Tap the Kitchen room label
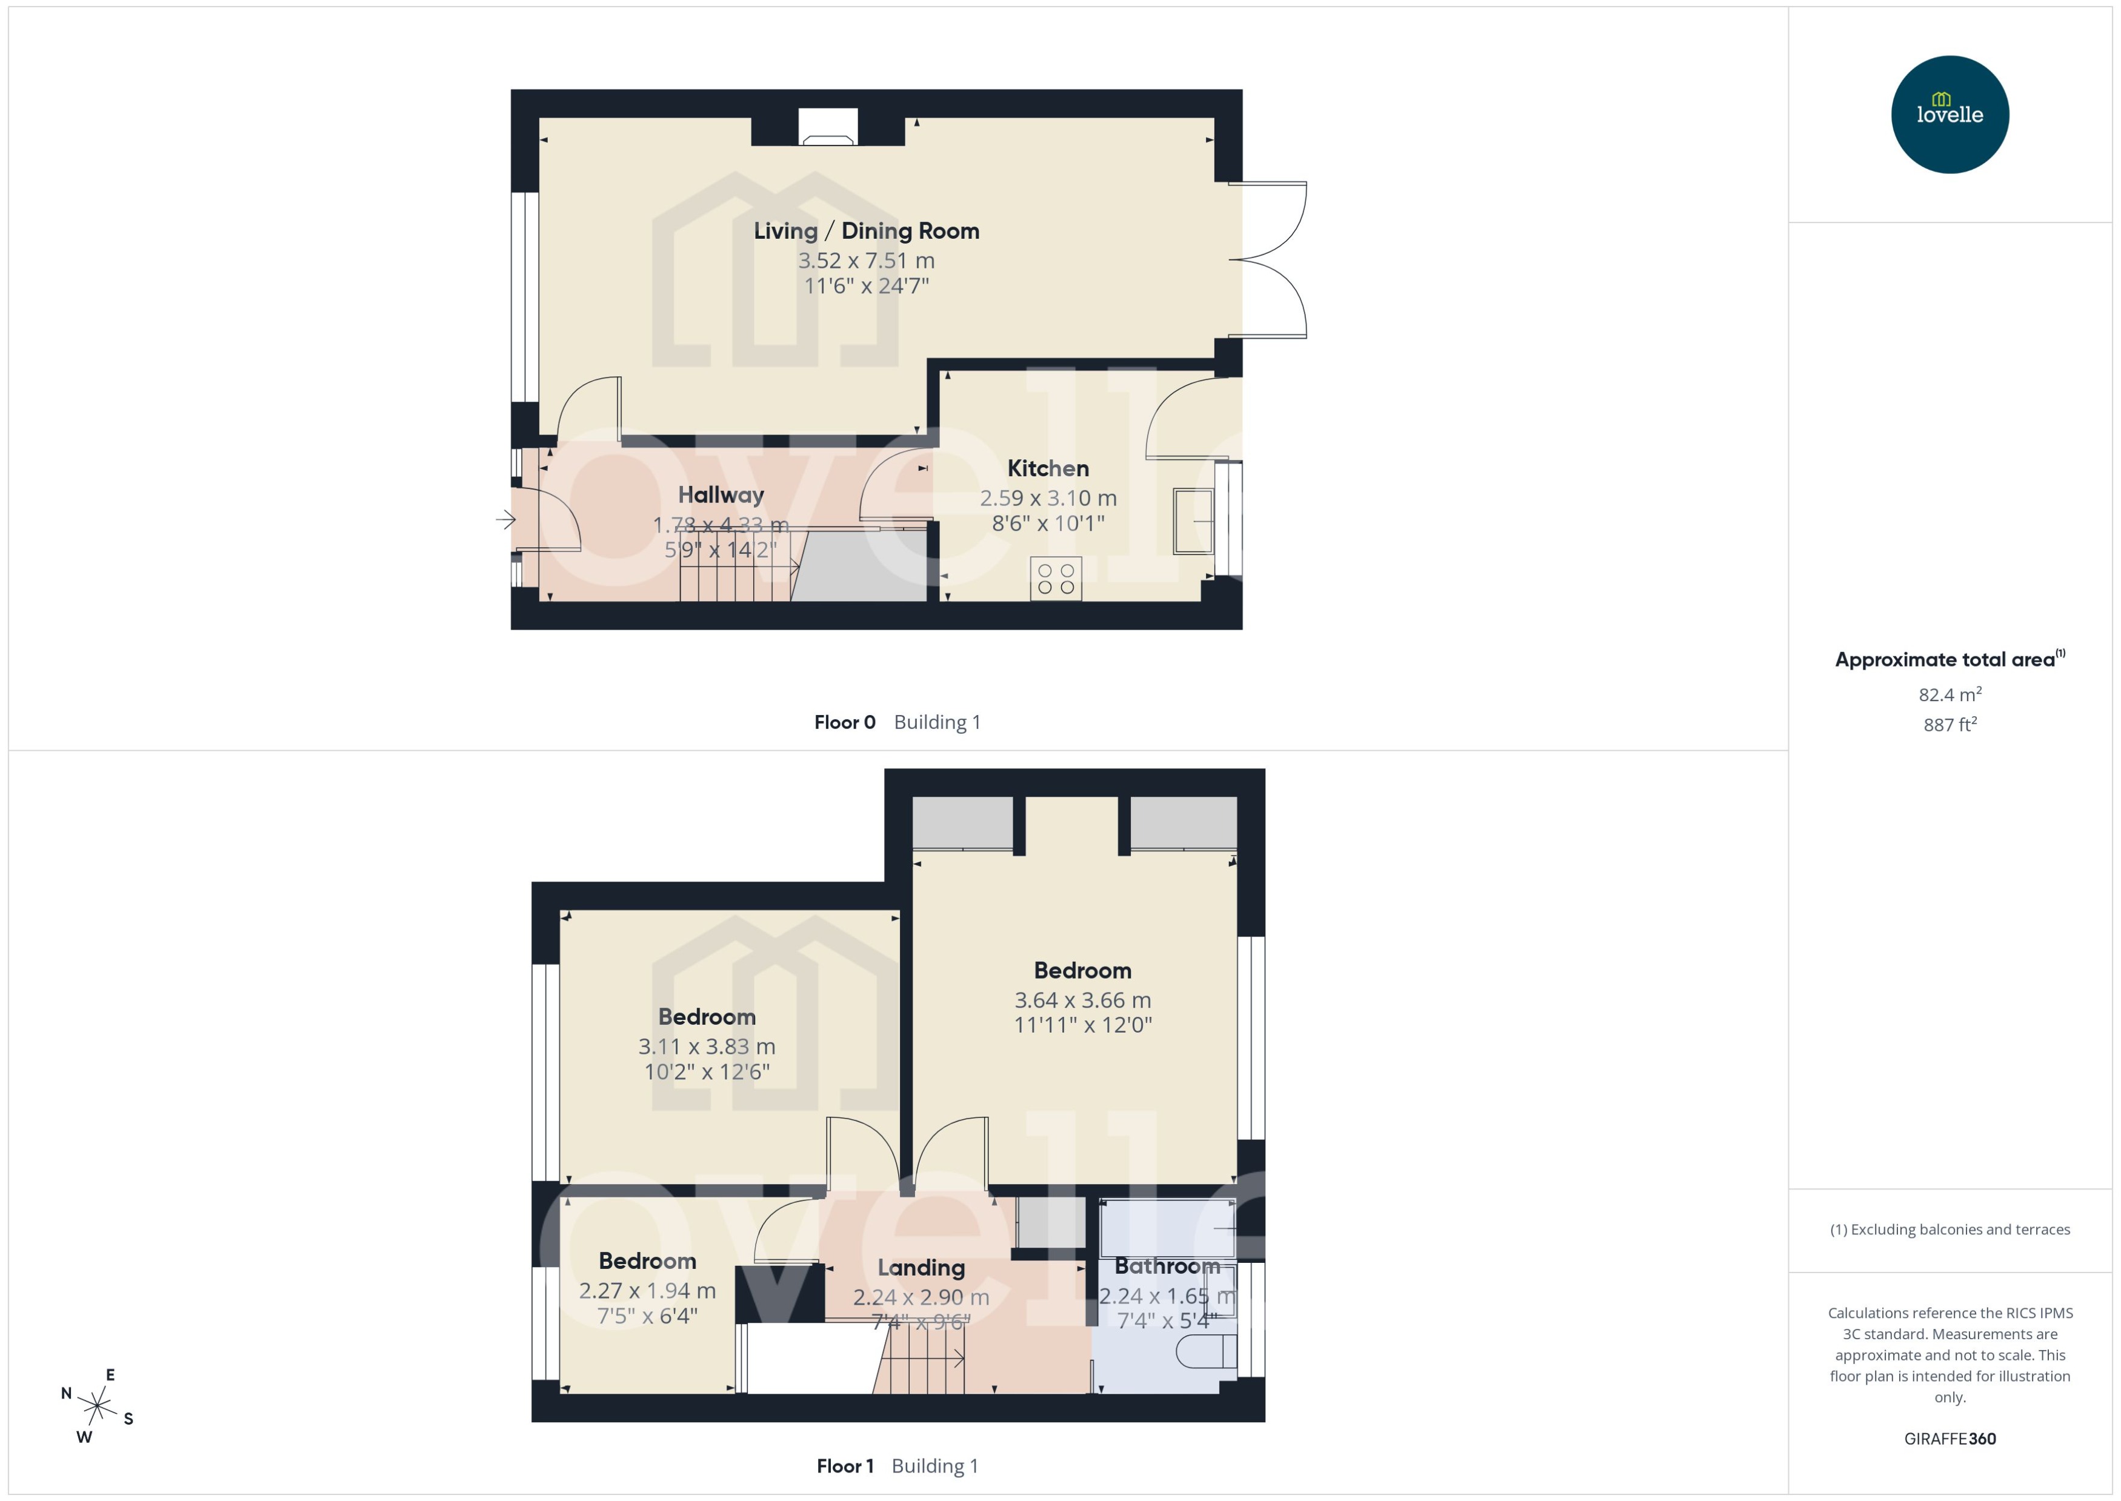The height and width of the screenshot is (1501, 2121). pyautogui.click(x=1047, y=468)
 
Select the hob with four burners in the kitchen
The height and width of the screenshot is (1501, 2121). pyautogui.click(x=1056, y=579)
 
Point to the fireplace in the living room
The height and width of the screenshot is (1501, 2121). pyautogui.click(x=827, y=127)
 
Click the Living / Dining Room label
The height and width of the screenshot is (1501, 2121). pyautogui.click(x=866, y=231)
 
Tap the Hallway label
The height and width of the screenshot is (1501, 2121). pyautogui.click(x=721, y=496)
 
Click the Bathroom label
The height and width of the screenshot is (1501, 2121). pyautogui.click(x=1167, y=1266)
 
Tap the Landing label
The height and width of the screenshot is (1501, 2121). pyautogui.click(x=921, y=1268)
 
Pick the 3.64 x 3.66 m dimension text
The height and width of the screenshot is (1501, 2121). pyautogui.click(x=1082, y=1000)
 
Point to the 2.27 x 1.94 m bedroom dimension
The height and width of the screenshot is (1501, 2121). pyautogui.click(x=647, y=1290)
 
